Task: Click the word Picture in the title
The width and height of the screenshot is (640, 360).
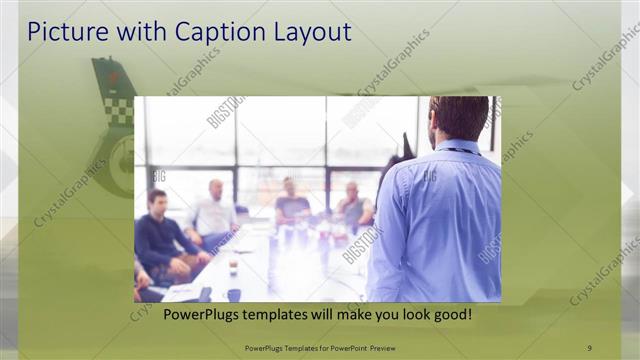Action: click(x=61, y=32)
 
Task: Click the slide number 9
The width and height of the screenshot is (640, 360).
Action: click(x=589, y=347)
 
